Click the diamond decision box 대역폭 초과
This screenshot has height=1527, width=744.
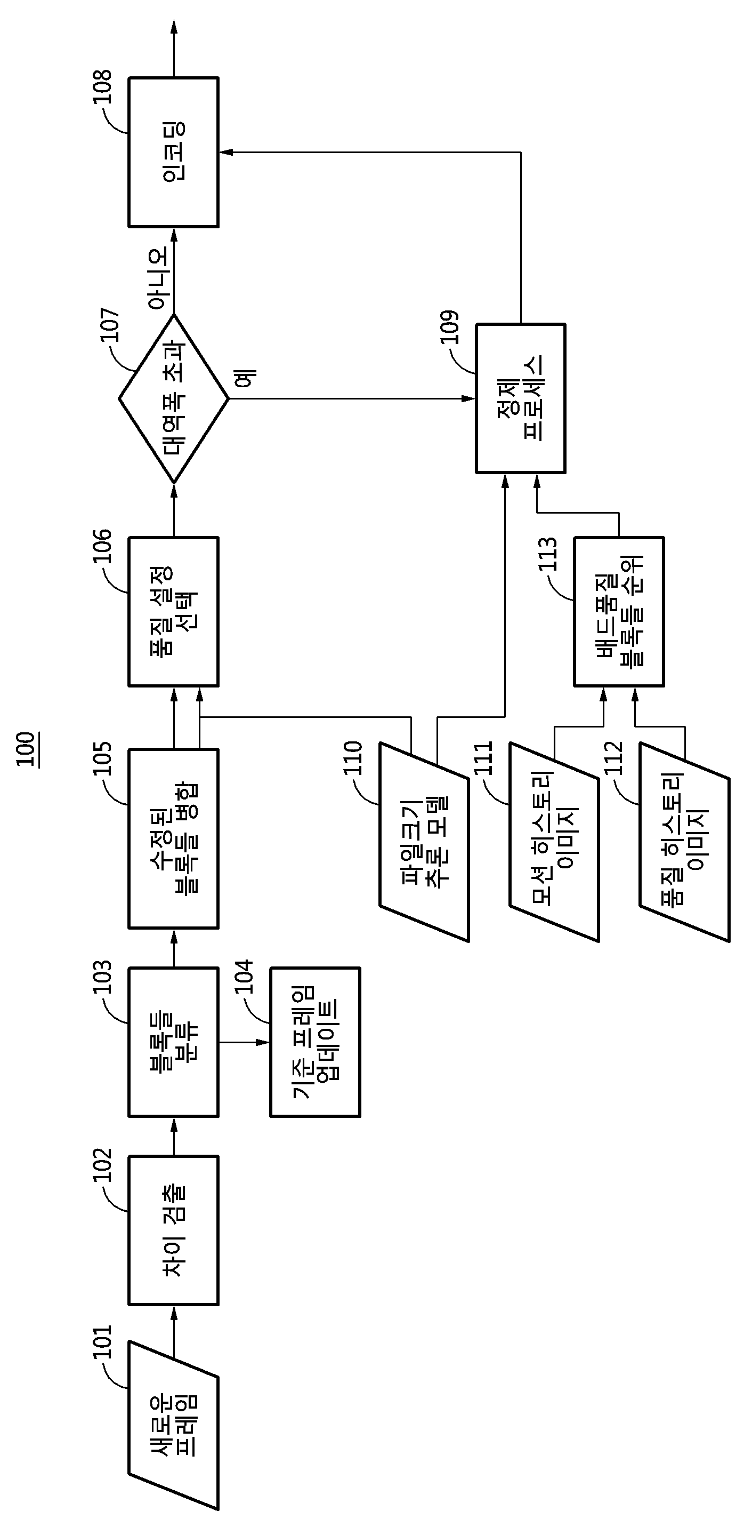174,398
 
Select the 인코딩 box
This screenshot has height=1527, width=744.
174,152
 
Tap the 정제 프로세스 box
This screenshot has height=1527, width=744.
521,398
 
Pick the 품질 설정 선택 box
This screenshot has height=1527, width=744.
174,612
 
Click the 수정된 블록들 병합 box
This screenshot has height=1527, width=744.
174,839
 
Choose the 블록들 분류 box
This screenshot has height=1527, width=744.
174,1042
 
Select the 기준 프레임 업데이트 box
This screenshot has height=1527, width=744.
315,1042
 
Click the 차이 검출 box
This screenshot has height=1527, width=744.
174,1230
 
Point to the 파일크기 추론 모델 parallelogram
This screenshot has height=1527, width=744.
424,842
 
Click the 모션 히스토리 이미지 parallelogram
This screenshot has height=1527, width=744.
554,842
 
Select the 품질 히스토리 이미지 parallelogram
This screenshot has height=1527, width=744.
684,842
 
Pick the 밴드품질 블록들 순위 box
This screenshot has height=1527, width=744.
619,612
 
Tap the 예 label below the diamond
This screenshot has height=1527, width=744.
245,378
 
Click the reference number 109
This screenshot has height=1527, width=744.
450,327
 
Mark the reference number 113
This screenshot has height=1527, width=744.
548,554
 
